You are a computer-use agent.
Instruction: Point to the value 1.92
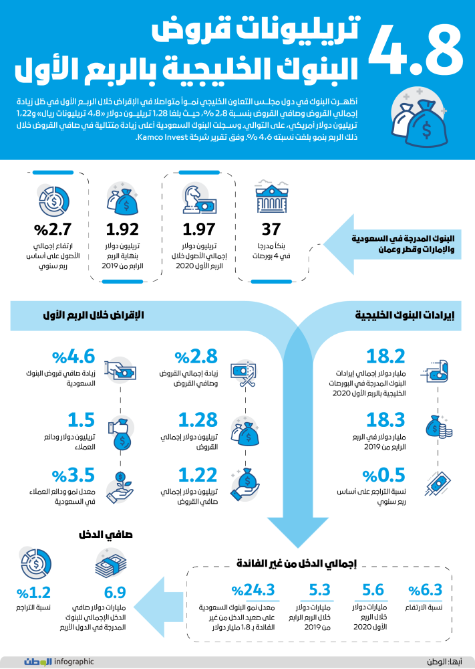coord(122,229)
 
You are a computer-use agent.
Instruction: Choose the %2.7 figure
coord(49,229)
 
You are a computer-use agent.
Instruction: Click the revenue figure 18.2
coord(386,356)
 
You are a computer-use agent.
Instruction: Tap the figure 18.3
coord(386,419)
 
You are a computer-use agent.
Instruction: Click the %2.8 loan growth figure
coord(194,356)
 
